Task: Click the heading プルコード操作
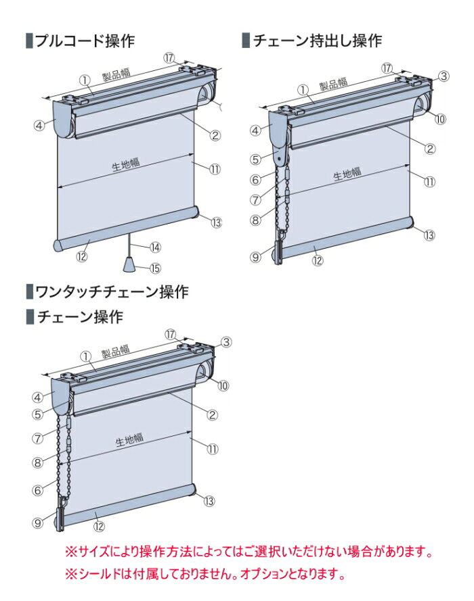(85, 41)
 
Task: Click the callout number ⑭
(155, 247)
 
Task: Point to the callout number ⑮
(155, 268)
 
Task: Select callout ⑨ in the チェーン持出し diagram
(255, 256)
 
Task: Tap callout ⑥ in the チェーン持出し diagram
(255, 180)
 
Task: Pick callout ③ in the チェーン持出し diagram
(444, 76)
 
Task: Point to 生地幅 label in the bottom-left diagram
(129, 439)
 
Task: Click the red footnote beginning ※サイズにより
(248, 553)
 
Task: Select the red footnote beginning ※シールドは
(204, 575)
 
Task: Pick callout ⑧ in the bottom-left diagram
(38, 462)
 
